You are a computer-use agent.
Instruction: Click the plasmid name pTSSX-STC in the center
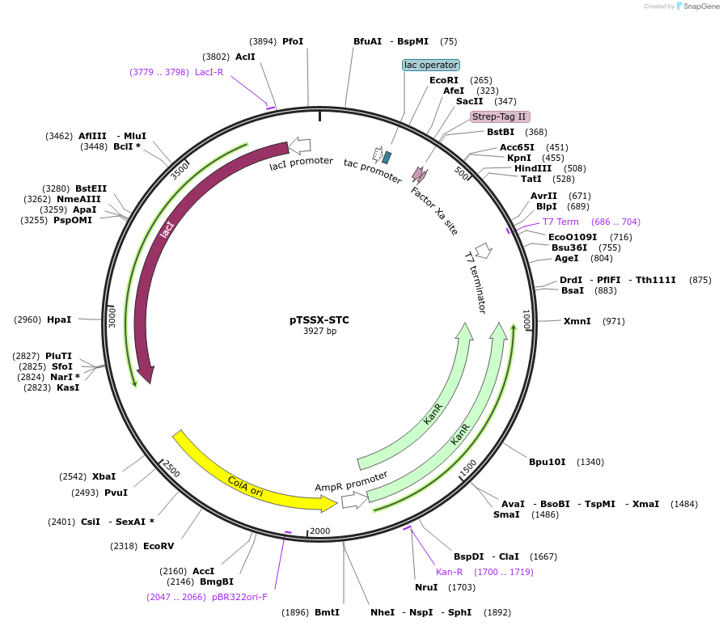[319, 319]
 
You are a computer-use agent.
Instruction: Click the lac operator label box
[431, 65]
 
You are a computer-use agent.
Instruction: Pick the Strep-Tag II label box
[500, 116]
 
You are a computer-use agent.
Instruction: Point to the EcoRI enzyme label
[444, 80]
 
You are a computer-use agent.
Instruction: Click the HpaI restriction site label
[59, 319]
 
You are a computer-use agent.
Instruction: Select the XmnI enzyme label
[577, 321]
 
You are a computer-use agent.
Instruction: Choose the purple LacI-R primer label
[209, 72]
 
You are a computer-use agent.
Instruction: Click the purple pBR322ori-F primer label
[239, 597]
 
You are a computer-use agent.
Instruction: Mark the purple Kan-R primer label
[450, 572]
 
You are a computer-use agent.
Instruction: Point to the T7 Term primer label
[560, 222]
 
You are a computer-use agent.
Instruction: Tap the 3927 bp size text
[319, 332]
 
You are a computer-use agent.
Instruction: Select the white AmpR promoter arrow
[353, 501]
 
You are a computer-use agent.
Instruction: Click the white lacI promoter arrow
[299, 146]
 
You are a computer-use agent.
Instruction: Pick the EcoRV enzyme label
[159, 546]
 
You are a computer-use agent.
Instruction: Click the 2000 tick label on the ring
[320, 531]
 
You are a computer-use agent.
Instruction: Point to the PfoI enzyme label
[293, 41]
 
